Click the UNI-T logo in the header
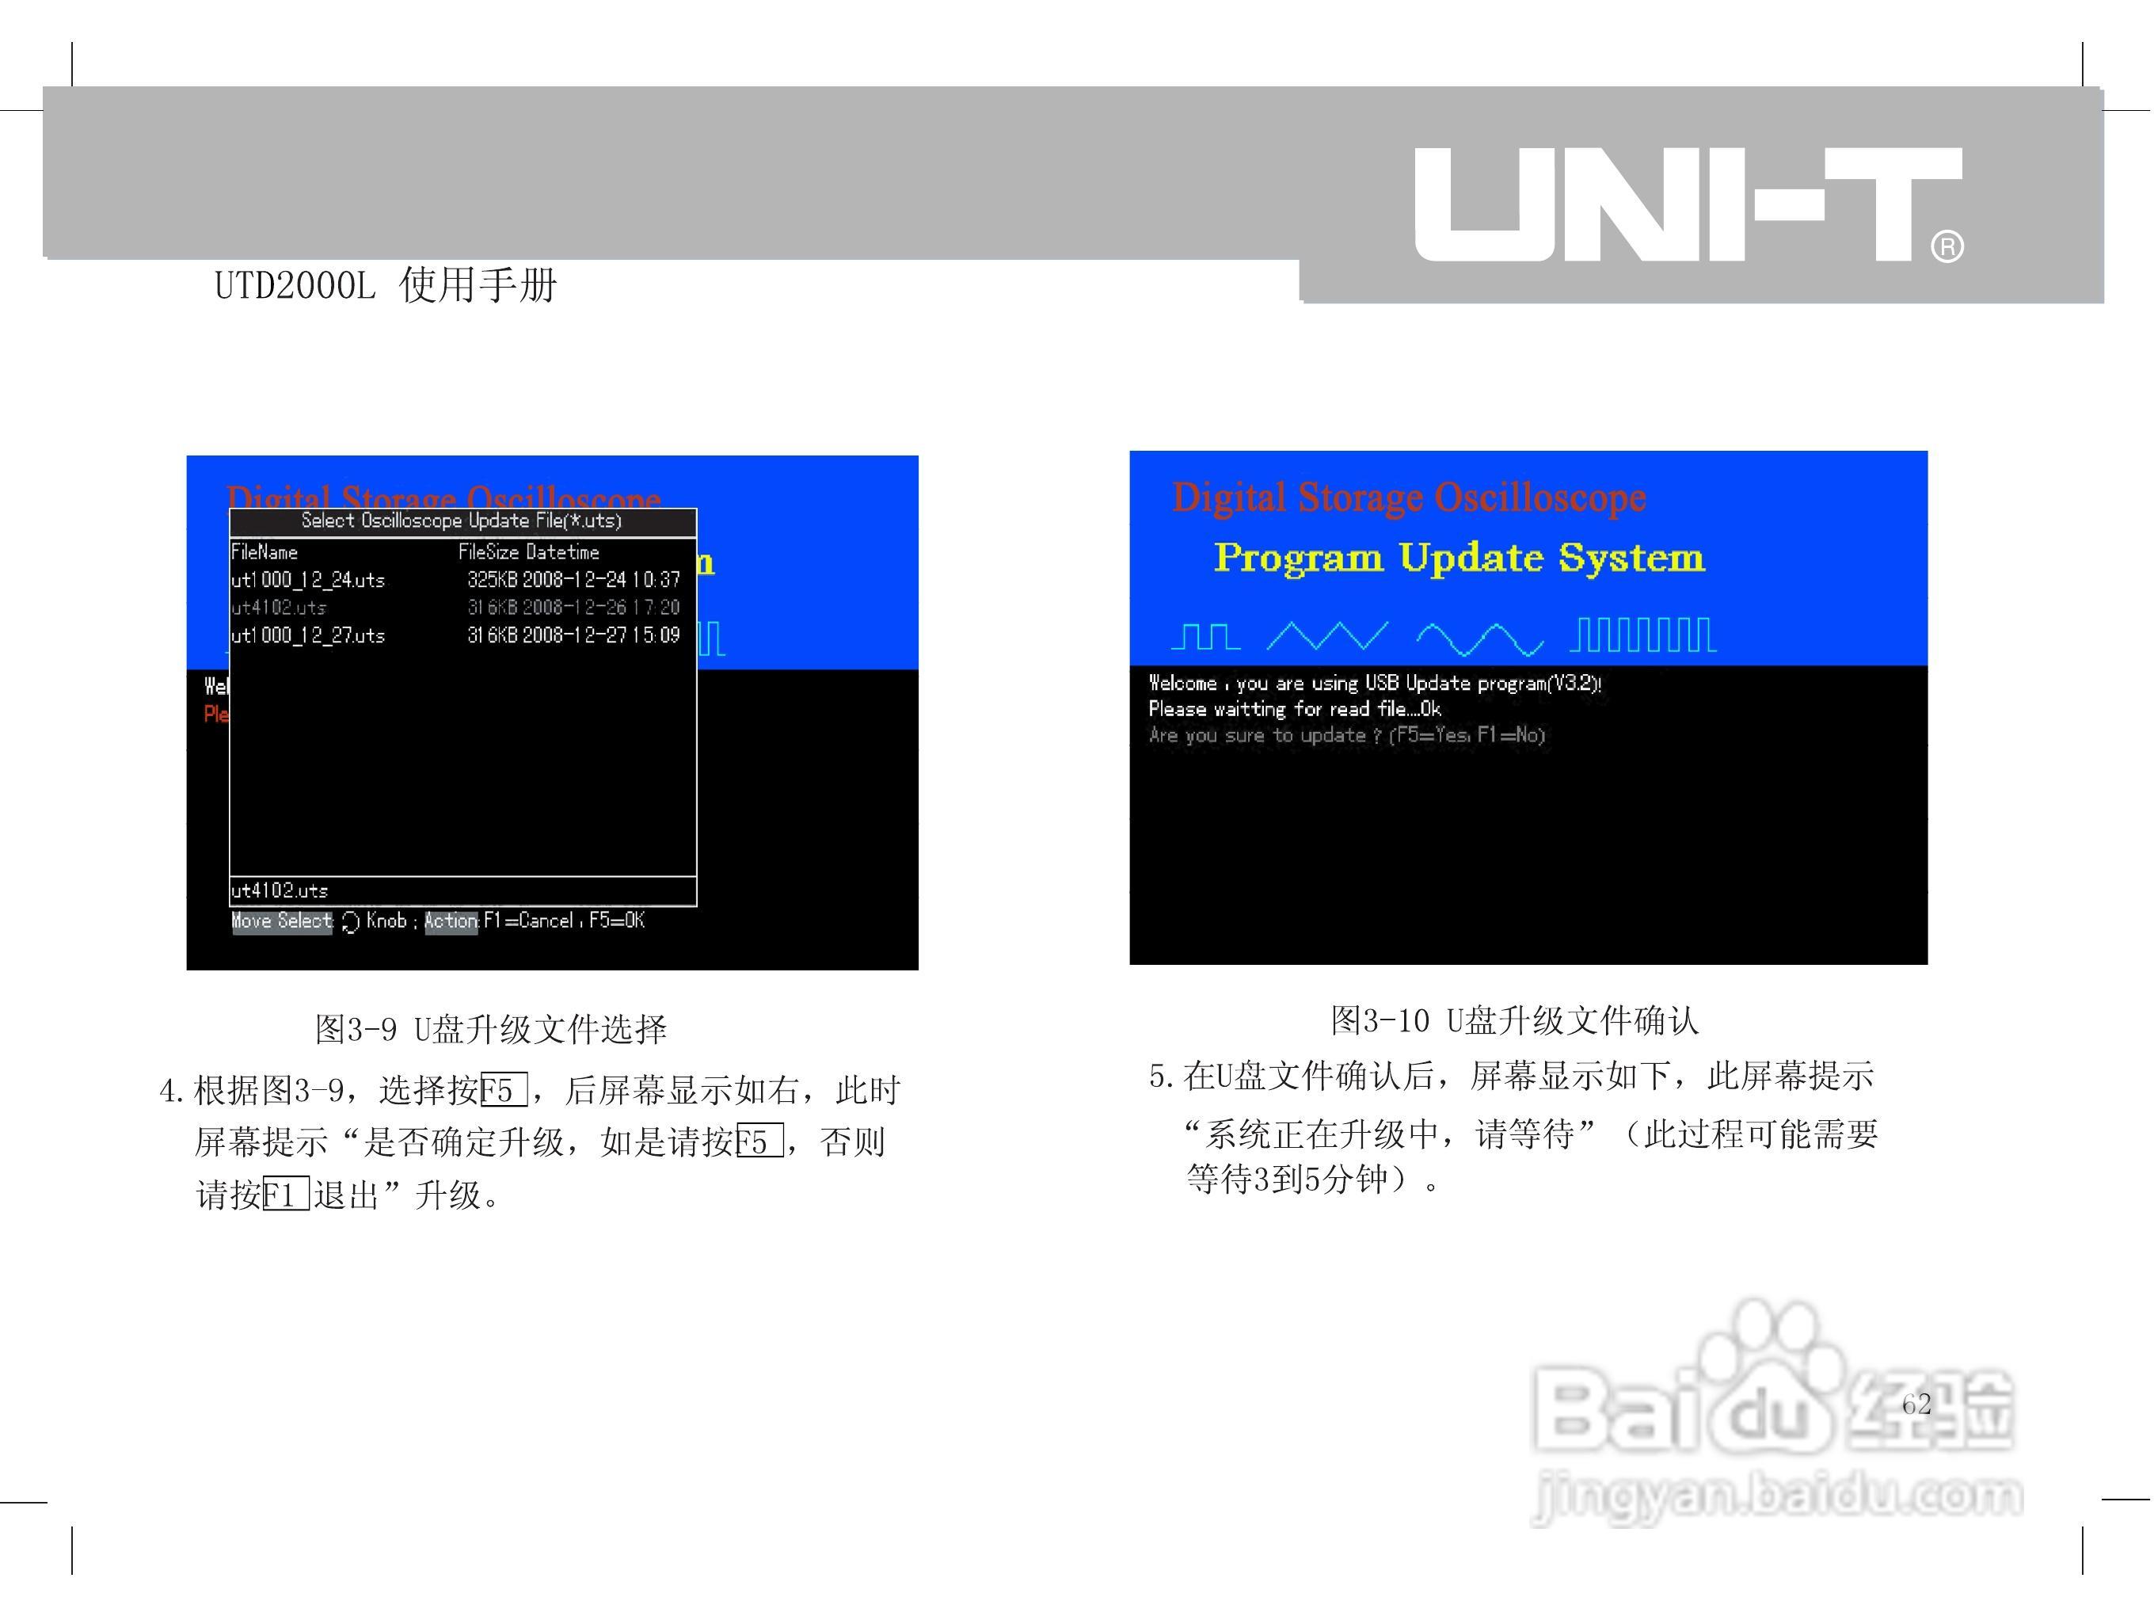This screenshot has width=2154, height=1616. pyautogui.click(x=1687, y=204)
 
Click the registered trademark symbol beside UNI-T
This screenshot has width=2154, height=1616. pyautogui.click(x=1947, y=246)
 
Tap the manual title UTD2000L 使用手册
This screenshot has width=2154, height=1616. pyautogui.click(x=386, y=285)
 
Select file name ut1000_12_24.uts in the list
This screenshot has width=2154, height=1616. pyautogui.click(x=308, y=581)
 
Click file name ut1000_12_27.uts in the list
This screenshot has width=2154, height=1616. pyautogui.click(x=308, y=636)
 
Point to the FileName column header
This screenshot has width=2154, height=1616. pyautogui.click(x=264, y=552)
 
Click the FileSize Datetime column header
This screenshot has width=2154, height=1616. pyautogui.click(x=529, y=552)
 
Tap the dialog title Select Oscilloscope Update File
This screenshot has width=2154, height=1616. pyautogui.click(x=462, y=521)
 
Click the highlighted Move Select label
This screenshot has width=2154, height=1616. pyautogui.click(x=281, y=921)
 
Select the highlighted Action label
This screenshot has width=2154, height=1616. pyautogui.click(x=451, y=921)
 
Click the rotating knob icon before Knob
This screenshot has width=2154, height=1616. pyautogui.click(x=351, y=922)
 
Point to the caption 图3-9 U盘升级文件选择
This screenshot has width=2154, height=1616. pyautogui.click(x=491, y=1030)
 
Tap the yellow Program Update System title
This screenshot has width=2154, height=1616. pyautogui.click(x=1459, y=557)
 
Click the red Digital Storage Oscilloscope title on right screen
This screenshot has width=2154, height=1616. pyautogui.click(x=1409, y=497)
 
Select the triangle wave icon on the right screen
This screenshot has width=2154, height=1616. pyautogui.click(x=1327, y=637)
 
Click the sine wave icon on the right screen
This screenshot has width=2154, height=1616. pyautogui.click(x=1479, y=639)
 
